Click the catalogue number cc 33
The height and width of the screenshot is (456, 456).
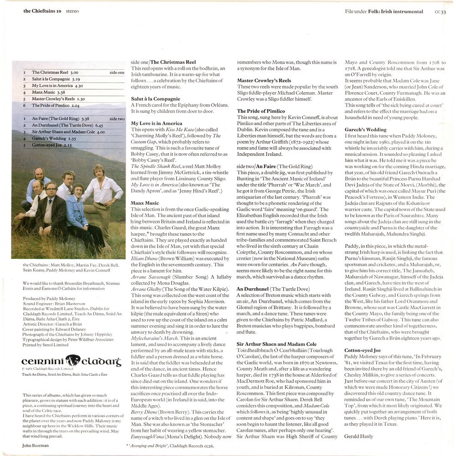440,12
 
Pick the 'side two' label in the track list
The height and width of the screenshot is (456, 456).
117,119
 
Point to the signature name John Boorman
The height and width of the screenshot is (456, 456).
36,445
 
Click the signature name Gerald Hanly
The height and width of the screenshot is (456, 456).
359,436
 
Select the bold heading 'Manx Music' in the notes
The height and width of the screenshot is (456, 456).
145,203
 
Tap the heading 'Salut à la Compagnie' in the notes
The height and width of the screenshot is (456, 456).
155,99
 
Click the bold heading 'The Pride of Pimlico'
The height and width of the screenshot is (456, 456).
261,111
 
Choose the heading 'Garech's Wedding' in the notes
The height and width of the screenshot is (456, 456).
365,130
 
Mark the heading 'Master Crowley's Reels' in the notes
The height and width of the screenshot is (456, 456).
264,81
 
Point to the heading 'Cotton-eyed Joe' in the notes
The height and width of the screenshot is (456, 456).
363,350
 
